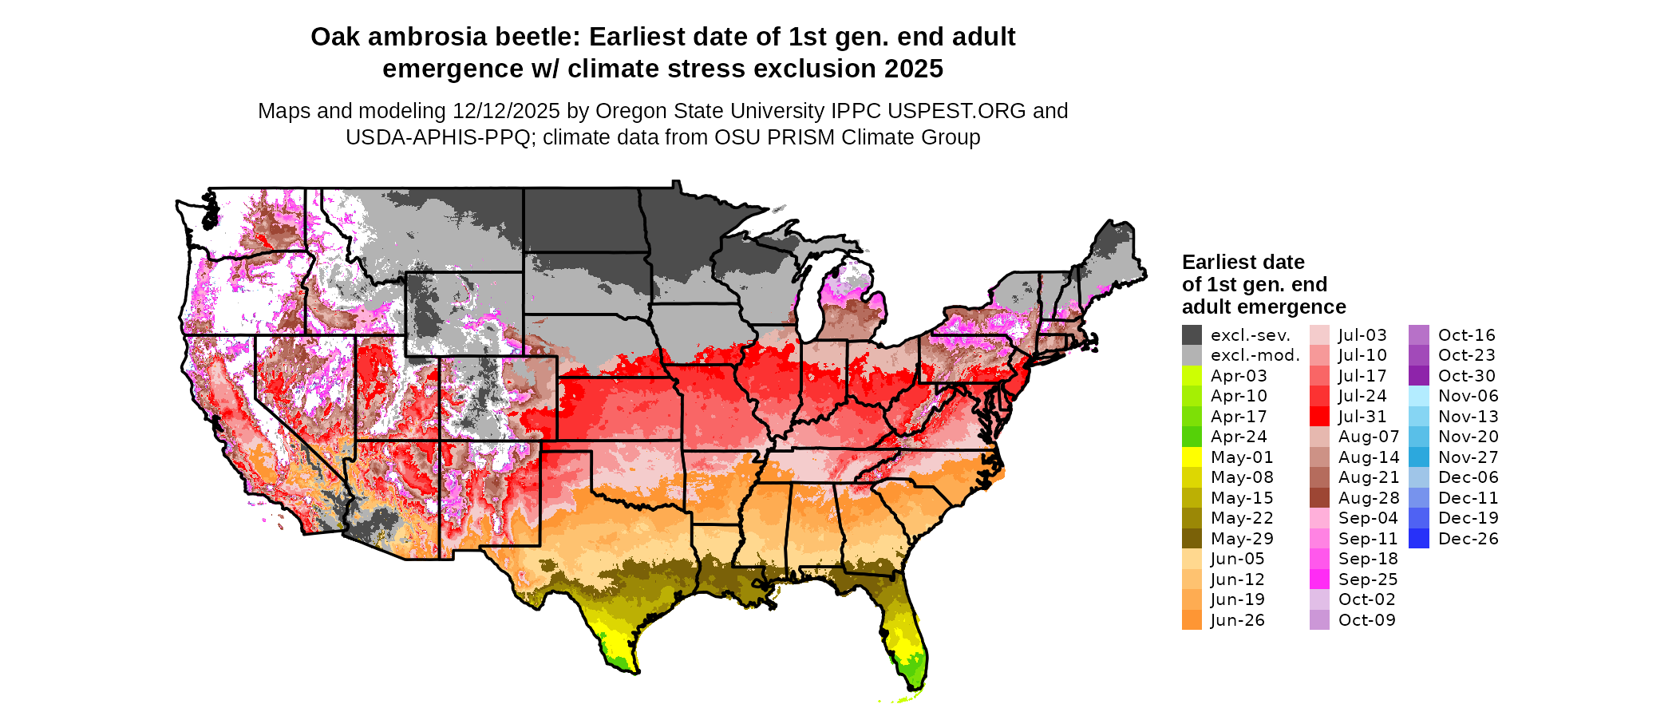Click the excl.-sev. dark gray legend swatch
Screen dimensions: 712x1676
[x=1192, y=335]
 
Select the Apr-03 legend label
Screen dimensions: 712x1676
[x=1239, y=376]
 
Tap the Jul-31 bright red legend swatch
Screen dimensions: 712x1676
[x=1319, y=417]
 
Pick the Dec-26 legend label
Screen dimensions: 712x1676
[x=1468, y=539]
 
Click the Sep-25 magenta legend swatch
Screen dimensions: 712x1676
[x=1319, y=579]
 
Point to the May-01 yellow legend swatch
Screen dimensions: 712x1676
[x=1192, y=457]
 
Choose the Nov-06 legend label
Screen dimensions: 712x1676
[x=1468, y=396]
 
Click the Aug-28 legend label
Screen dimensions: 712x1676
[x=1369, y=498]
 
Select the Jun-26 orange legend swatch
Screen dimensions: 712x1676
[x=1192, y=620]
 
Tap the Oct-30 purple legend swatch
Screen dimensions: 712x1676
[x=1419, y=376]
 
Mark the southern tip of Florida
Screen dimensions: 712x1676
[x=918, y=688]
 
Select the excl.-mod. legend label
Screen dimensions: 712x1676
[x=1255, y=355]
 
